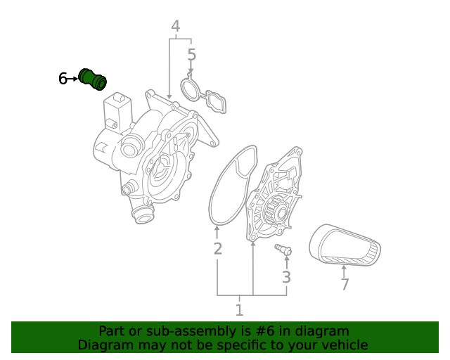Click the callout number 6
point(63,79)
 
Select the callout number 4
point(175,27)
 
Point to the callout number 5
point(191,55)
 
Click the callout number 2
point(218,248)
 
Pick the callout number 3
point(286,277)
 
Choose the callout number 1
point(239,309)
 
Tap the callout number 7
point(345,285)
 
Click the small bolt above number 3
point(283,250)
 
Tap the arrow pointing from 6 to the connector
point(73,79)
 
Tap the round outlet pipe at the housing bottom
point(143,214)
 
